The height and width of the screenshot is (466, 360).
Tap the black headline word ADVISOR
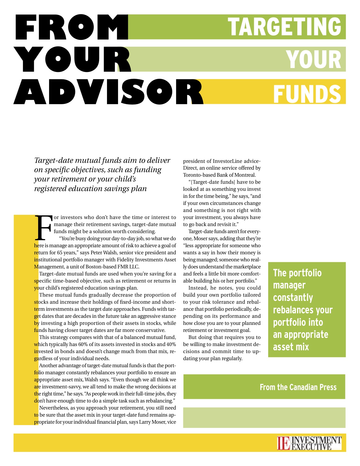[x=108, y=92]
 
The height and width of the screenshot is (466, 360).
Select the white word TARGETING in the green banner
[x=284, y=27]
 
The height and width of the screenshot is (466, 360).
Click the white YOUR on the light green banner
[x=314, y=60]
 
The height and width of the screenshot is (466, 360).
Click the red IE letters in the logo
[x=283, y=443]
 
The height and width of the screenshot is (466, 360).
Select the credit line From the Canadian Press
[x=298, y=387]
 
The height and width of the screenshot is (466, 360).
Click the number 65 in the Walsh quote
[x=60, y=253]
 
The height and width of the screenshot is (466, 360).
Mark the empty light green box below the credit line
[x=264, y=418]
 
